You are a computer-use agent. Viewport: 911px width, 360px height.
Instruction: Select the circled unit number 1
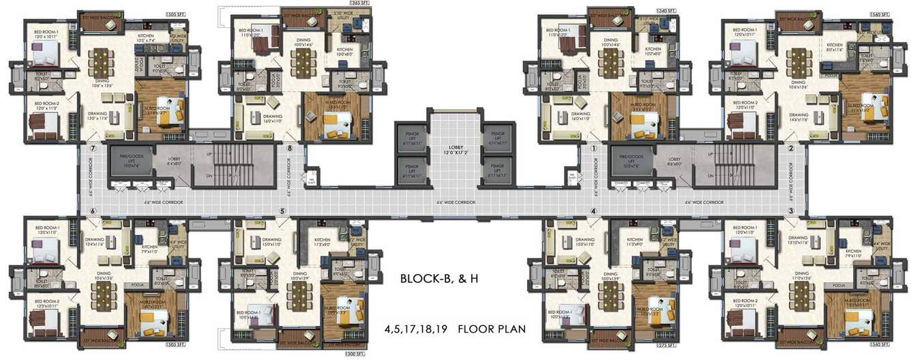point(593,148)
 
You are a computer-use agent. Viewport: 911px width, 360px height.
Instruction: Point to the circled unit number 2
point(791,148)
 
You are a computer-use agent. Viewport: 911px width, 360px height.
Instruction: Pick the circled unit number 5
point(282,211)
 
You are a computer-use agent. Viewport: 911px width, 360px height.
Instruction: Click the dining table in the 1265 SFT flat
point(303,63)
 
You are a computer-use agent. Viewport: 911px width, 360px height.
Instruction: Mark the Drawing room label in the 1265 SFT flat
point(272,118)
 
